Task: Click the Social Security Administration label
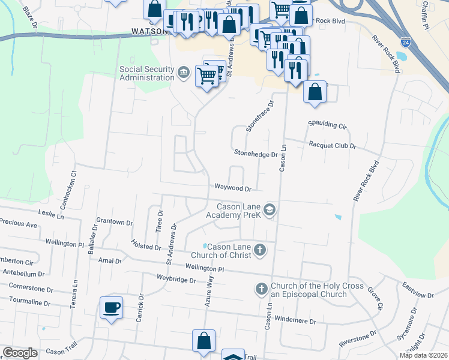pos(147,73)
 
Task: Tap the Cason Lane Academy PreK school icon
pos(270,209)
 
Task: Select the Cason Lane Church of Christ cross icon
pos(259,250)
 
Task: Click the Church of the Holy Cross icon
pos(261,290)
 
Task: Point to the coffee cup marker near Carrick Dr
pos(112,308)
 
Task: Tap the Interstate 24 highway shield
pos(406,43)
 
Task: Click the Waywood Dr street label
pos(233,188)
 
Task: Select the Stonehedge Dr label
pos(256,154)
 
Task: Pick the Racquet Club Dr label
pos(332,145)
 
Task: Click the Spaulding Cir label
pos(327,125)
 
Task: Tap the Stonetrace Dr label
pos(259,116)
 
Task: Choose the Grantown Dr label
pos(114,222)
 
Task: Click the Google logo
pos(20,353)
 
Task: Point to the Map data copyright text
pos(423,355)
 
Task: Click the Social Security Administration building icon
pos(184,73)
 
